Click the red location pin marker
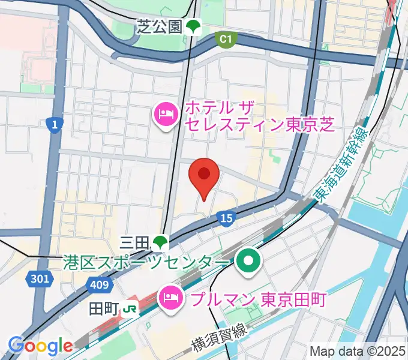click(x=203, y=176)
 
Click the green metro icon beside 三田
click(x=159, y=242)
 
